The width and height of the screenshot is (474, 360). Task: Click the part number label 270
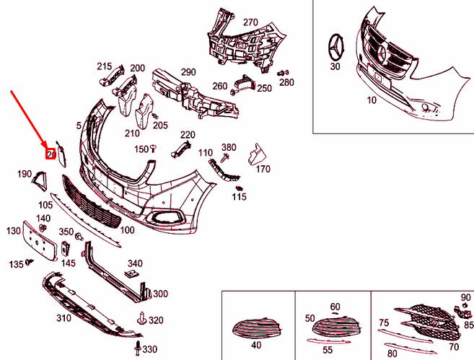pos(250,22)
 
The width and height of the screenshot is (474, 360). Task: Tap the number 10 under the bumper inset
pos(371,100)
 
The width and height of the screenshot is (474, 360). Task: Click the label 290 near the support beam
pos(188,72)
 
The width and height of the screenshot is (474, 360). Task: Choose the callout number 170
pos(263,170)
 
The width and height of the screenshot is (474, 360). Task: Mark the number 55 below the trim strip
pos(328,350)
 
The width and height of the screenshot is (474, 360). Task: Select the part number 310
pos(63,318)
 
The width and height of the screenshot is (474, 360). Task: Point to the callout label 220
pos(188,135)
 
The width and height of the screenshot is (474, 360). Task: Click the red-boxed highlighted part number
pos(51,154)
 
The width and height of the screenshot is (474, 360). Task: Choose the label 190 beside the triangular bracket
pos(25,174)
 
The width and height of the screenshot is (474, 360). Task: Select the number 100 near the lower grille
pos(127,230)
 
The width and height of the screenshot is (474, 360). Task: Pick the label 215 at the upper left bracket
pos(105,66)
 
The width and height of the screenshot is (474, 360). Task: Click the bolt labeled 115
pos(238,189)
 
